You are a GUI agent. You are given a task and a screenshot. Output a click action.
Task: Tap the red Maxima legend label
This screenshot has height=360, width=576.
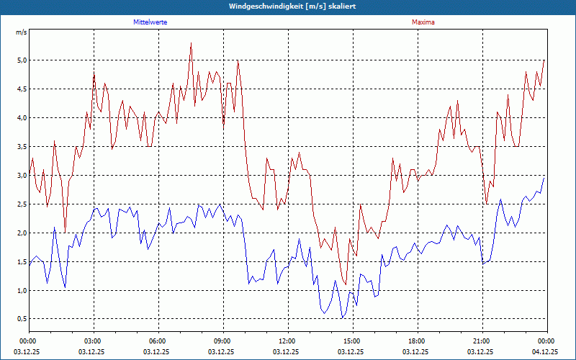tap(423, 22)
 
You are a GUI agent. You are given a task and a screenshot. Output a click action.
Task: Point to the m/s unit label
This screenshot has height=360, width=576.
tap(21, 32)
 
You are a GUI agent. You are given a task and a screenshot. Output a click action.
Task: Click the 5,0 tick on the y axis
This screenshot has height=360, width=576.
tap(21, 60)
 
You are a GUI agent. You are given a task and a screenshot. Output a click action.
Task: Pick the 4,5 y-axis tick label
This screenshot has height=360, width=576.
tap(21, 89)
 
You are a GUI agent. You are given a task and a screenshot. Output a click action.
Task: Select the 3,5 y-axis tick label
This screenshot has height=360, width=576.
tap(21, 147)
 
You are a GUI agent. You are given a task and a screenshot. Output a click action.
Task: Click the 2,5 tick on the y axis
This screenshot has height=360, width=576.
tap(21, 204)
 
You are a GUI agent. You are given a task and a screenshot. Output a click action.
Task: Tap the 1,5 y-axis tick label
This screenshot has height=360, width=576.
tap(21, 262)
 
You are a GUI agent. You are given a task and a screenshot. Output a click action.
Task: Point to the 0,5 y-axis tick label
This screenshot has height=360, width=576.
tap(21, 320)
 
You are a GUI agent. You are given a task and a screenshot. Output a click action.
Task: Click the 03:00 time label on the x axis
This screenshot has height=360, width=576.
tap(94, 341)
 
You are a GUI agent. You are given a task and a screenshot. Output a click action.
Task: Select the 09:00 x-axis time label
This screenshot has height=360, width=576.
tap(222, 341)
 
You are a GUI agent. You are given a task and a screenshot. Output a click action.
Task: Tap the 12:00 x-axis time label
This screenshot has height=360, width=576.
tap(287, 341)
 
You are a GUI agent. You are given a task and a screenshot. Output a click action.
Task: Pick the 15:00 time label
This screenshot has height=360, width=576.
tap(352, 341)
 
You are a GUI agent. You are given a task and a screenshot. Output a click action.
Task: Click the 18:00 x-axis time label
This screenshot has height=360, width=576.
tap(417, 341)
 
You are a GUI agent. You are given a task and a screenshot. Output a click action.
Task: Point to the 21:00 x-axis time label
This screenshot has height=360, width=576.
tap(482, 341)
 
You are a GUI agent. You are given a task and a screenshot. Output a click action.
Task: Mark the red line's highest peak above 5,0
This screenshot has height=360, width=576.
tap(191, 43)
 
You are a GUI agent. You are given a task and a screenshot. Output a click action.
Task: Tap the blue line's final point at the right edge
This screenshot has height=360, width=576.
tap(545, 176)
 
